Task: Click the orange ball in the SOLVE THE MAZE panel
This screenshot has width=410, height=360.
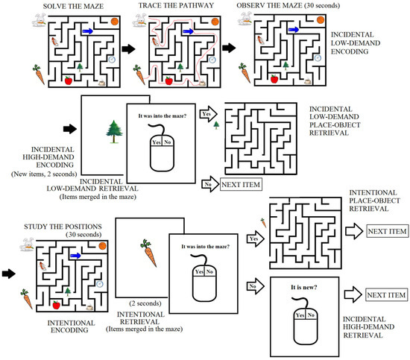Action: [114, 22]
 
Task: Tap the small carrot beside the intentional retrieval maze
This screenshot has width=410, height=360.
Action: [262, 221]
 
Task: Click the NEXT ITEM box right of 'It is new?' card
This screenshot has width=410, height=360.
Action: [385, 297]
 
